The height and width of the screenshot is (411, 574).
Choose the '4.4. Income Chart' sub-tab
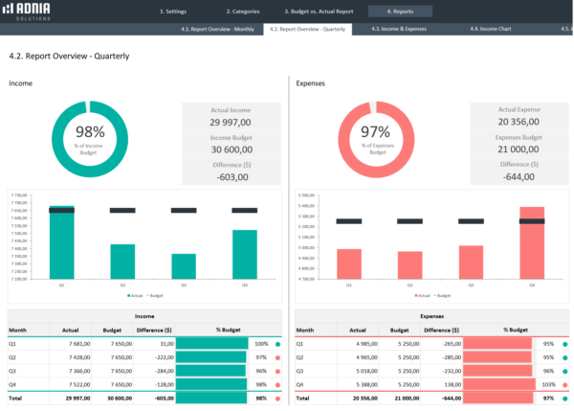490,30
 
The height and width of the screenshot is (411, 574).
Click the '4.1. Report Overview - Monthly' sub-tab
217,30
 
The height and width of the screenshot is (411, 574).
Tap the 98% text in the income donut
89,132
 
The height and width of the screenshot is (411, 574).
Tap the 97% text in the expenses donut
377,132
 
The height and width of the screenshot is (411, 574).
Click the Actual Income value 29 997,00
231,122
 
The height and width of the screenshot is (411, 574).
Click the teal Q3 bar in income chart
184,267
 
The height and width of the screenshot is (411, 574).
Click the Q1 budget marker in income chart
62,210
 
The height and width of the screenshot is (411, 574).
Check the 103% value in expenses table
548,383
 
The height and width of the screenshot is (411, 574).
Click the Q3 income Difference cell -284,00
153,370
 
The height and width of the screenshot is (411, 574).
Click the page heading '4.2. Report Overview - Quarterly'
69,56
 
